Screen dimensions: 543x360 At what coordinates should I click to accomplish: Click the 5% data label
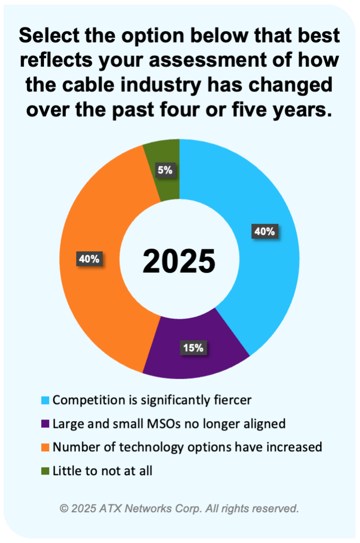click(163, 170)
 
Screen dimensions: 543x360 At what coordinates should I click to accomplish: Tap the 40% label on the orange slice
click(89, 259)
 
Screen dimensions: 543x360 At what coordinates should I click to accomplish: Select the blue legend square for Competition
click(46, 400)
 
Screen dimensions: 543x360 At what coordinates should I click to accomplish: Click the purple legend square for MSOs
click(46, 424)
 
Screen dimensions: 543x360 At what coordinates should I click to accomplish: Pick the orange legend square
click(46, 447)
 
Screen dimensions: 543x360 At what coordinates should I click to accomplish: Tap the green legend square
click(46, 470)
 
